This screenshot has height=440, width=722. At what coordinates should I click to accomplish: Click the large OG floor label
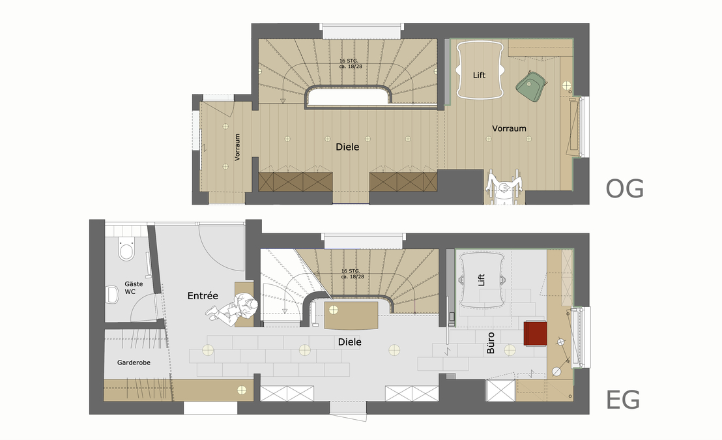(x=624, y=188)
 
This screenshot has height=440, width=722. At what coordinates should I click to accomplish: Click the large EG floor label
(x=622, y=400)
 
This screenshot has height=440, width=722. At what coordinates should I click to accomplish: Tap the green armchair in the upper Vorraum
(x=532, y=85)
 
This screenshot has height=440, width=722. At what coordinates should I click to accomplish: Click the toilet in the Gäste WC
(x=126, y=250)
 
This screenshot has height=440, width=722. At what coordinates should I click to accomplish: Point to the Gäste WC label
(x=134, y=288)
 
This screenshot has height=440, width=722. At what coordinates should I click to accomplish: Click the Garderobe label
(x=134, y=362)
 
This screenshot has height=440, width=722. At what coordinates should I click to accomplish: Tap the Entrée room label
(x=202, y=296)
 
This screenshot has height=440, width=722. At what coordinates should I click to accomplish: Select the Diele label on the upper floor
(x=347, y=147)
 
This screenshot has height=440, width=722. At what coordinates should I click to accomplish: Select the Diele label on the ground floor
(x=349, y=342)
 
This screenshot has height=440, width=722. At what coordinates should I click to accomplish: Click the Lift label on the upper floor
(x=479, y=76)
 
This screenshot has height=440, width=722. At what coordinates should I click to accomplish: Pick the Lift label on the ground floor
(x=482, y=281)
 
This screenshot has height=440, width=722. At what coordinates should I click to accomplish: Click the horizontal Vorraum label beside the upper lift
(x=509, y=128)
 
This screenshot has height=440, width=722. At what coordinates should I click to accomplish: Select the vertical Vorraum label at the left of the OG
(x=238, y=147)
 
